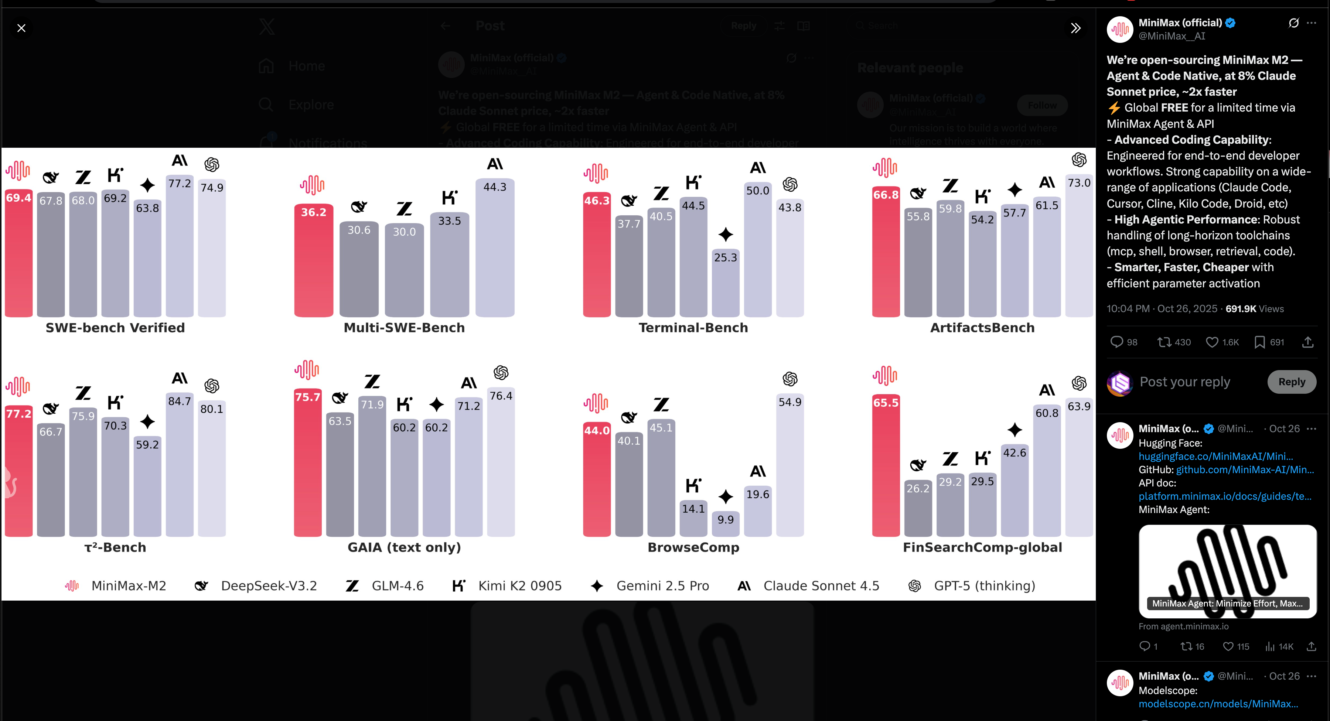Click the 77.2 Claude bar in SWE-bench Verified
pyautogui.click(x=180, y=248)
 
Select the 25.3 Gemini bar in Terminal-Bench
pyautogui.click(x=726, y=284)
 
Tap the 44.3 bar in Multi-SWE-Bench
pyautogui.click(x=495, y=248)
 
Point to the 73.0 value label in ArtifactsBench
pyautogui.click(x=1079, y=183)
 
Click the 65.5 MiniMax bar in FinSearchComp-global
pyautogui.click(x=886, y=465)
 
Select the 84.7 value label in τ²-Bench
pyautogui.click(x=180, y=401)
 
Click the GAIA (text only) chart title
pyautogui.click(x=404, y=547)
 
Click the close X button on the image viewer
pyautogui.click(x=21, y=28)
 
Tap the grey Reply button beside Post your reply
pyautogui.click(x=1291, y=382)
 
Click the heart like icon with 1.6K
pyautogui.click(x=1212, y=342)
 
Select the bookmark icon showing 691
pyautogui.click(x=1260, y=342)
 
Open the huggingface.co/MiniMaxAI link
pyautogui.click(x=1215, y=456)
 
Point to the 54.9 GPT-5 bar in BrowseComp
pyautogui.click(x=790, y=465)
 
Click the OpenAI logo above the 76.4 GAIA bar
pyautogui.click(x=501, y=373)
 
